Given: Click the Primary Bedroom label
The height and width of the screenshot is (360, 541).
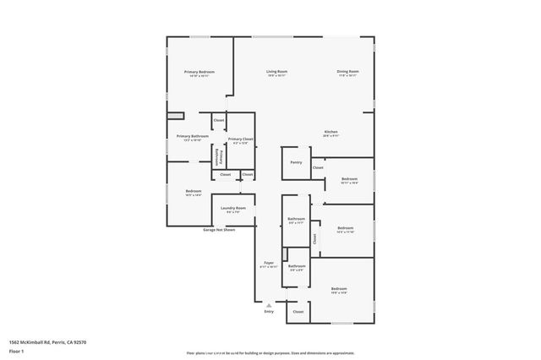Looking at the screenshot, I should point(200,73).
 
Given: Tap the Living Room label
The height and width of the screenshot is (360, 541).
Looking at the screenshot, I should point(277,72).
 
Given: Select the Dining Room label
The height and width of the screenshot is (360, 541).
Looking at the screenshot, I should point(348,72).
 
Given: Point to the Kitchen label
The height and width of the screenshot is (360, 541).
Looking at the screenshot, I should point(331,132).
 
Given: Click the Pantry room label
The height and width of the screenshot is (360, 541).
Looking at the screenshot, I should point(295,162).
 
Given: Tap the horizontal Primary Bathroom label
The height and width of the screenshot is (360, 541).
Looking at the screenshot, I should point(193,136).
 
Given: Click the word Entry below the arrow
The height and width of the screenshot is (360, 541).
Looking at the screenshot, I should point(269,312).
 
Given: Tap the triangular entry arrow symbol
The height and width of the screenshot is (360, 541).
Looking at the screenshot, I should point(269,304).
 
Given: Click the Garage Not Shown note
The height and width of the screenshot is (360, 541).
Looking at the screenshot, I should point(219,230).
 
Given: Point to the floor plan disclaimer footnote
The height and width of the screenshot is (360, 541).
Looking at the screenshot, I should point(270,352).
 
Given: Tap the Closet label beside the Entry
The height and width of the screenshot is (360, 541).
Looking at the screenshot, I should point(298,312).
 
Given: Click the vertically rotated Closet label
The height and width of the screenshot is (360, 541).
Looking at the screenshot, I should point(314,238).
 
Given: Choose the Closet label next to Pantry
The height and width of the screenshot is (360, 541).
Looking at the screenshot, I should point(318,167).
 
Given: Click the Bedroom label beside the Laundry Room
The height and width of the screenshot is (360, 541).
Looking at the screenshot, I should point(193,191).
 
